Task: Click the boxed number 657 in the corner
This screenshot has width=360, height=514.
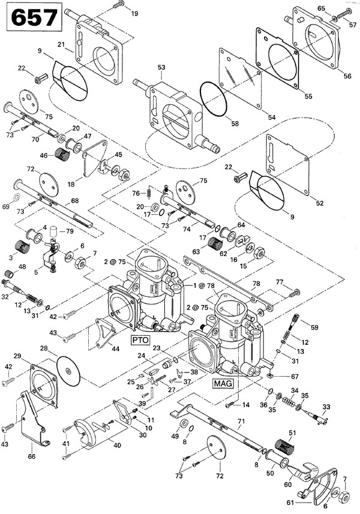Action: pos(33,19)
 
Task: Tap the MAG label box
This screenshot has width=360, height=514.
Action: pos(223,381)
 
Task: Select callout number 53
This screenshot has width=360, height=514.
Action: pos(161,68)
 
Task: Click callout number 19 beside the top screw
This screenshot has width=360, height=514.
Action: pos(134,13)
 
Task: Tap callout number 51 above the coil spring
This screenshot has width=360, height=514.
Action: pos(293,433)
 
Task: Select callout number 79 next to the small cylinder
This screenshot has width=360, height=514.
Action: pos(70,232)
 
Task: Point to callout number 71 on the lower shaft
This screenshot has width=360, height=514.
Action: pos(241,422)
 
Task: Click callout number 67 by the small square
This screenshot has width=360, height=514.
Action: pos(295,376)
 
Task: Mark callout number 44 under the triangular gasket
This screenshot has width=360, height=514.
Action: pos(116,348)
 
